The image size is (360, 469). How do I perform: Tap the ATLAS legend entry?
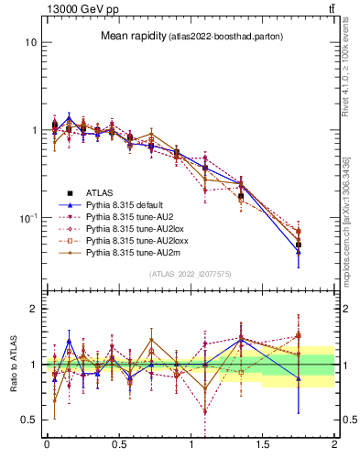click(x=100, y=192)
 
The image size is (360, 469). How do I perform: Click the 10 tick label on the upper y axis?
click(x=30, y=43)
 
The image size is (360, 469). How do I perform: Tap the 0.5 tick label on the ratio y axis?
click(x=28, y=420)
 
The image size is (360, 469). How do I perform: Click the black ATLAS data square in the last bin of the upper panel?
click(x=299, y=245)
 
